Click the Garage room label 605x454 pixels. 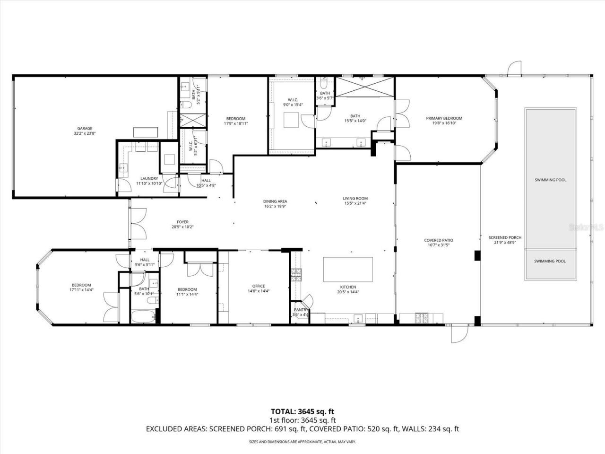[x=85, y=131]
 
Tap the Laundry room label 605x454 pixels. [x=149, y=181]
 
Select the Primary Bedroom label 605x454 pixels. [x=444, y=121]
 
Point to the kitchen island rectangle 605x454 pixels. [x=347, y=270]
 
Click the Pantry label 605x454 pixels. [x=301, y=312]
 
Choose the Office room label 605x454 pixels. [x=259, y=288]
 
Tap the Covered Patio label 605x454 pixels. [x=439, y=243]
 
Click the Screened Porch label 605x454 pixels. [x=505, y=240]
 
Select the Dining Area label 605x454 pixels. [x=275, y=203]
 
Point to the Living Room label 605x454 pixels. [x=355, y=201]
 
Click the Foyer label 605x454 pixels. [x=182, y=224]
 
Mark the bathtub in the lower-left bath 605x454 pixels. [x=144, y=316]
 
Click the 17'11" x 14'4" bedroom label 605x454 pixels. [x=81, y=287]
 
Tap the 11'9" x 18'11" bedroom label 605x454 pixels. [x=235, y=121]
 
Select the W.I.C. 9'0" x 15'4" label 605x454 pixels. [x=292, y=102]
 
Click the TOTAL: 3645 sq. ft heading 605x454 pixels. [x=302, y=411]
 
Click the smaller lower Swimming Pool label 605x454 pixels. [x=550, y=261]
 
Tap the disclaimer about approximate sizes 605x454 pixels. [x=302, y=442]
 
